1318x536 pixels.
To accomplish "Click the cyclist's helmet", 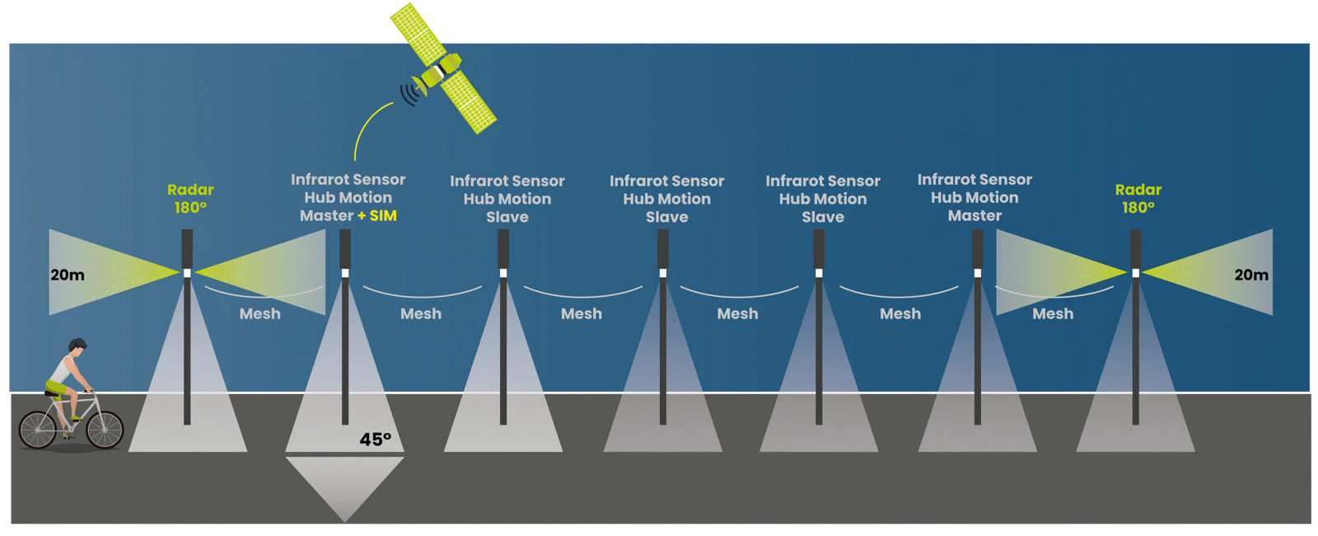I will [77, 344].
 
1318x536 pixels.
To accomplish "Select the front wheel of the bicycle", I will [105, 429].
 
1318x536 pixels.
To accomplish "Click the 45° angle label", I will [375, 440].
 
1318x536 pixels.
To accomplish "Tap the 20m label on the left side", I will [68, 275].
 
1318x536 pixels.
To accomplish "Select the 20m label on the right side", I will [1250, 275].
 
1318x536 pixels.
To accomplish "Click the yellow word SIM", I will [383, 216].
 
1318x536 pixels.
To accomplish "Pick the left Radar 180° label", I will [190, 199].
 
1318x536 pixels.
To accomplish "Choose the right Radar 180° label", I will [1138, 199].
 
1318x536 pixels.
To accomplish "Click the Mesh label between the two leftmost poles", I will [259, 314].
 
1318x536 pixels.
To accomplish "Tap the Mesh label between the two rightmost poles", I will [1053, 314].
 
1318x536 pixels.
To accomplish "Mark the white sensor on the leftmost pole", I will [187, 273].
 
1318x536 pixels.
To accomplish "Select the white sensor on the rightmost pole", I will [1135, 273].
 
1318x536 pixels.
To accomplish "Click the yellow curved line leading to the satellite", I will [367, 124].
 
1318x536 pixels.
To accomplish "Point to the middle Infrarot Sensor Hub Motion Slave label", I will [666, 199].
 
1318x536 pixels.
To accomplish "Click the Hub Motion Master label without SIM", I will [974, 198].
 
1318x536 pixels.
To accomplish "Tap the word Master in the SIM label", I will [326, 216].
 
